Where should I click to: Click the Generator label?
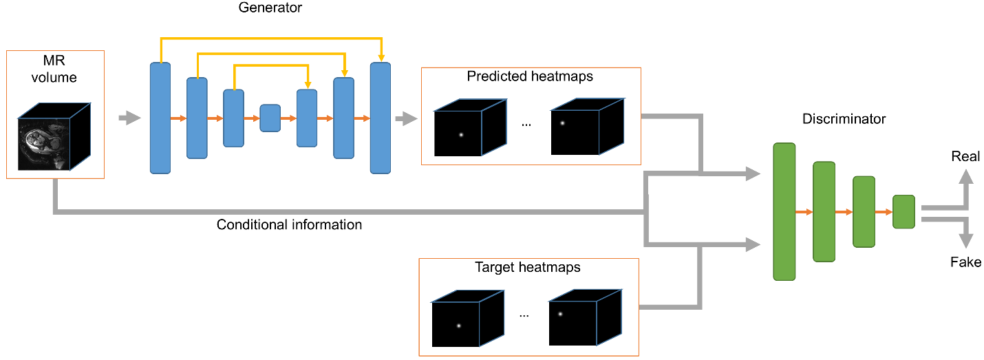(x=270, y=8)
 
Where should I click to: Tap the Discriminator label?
(x=844, y=119)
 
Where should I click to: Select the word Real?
(x=965, y=156)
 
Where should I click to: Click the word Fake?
(x=965, y=262)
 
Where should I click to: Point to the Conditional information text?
(x=289, y=224)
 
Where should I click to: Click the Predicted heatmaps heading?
(x=530, y=76)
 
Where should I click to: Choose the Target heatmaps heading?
(x=527, y=267)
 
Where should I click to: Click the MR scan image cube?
(x=54, y=136)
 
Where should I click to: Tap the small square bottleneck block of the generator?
(x=270, y=118)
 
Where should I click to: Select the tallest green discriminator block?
(x=784, y=211)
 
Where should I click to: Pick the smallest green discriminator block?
(x=903, y=211)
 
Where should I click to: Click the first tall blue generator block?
(x=160, y=118)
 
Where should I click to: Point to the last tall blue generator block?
(x=380, y=118)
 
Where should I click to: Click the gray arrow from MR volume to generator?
(x=129, y=118)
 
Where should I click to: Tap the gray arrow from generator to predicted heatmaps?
(x=406, y=118)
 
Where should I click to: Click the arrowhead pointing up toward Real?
(x=966, y=178)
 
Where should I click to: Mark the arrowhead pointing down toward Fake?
(x=966, y=241)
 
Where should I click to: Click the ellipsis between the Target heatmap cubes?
(x=524, y=315)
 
